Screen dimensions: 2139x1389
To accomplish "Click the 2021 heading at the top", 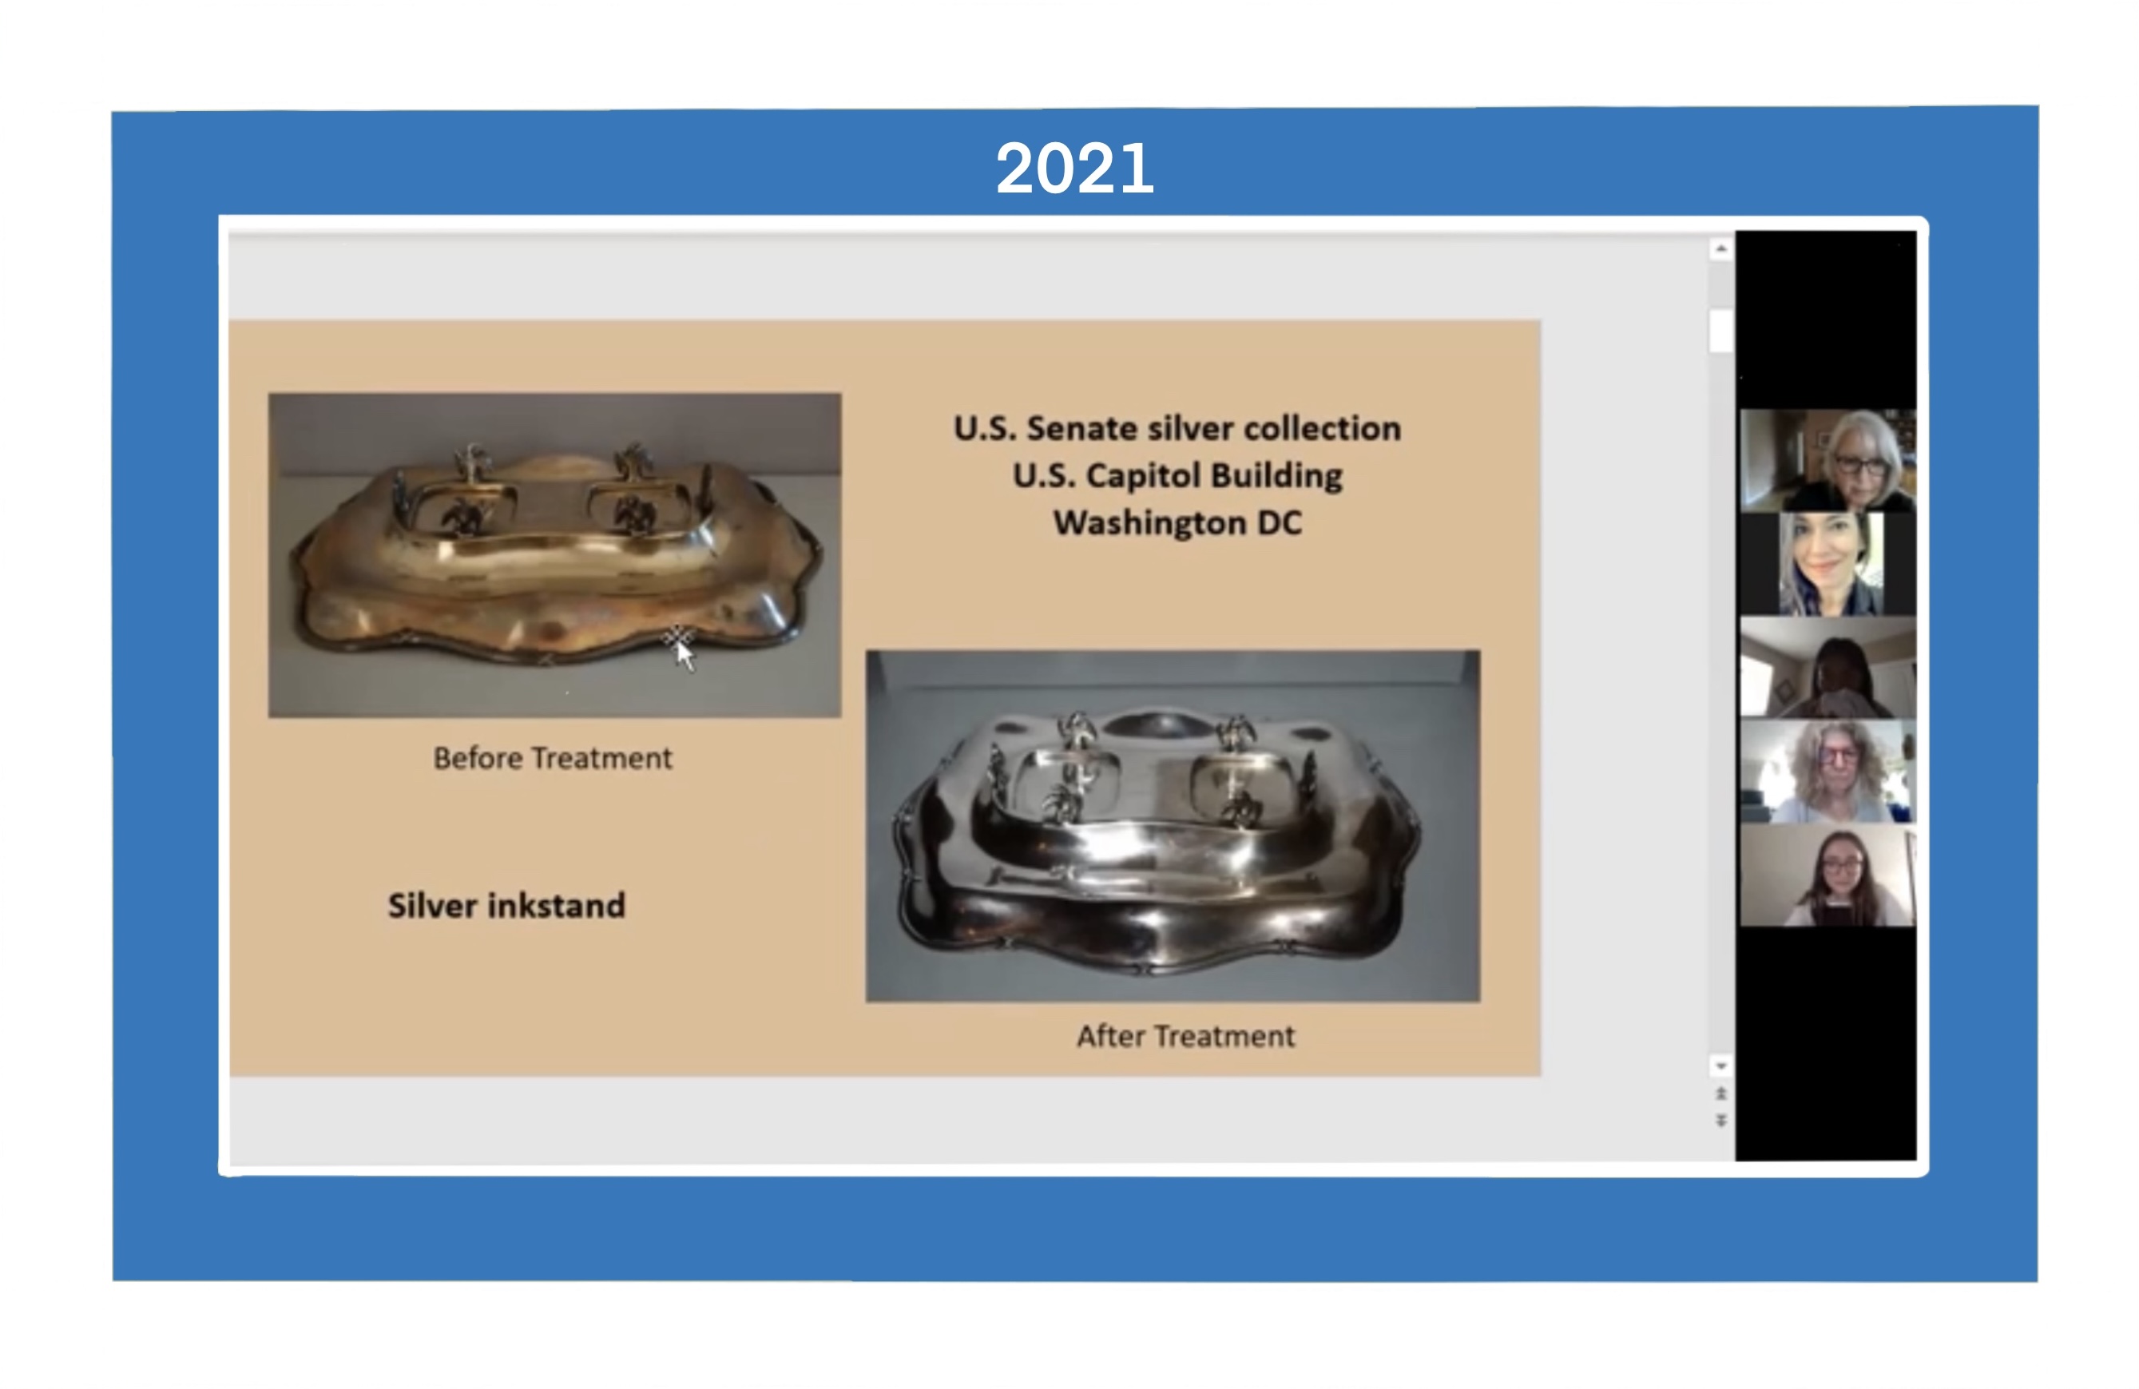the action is [x=1074, y=168].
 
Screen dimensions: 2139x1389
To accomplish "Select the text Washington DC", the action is [x=1177, y=522].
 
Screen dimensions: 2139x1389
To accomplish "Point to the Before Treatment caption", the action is [x=553, y=758].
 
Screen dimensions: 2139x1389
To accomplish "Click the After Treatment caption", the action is [x=1186, y=1036].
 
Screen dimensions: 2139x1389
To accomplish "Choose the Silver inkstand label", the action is [x=506, y=905].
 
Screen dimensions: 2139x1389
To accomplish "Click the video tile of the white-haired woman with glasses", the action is [x=1827, y=460].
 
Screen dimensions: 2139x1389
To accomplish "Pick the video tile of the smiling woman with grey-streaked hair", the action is [x=1827, y=564].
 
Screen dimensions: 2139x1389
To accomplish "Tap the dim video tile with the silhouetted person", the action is [x=1827, y=667].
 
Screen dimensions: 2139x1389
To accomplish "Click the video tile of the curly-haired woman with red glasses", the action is [x=1827, y=771].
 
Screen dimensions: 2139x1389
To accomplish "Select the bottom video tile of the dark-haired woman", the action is [x=1827, y=875].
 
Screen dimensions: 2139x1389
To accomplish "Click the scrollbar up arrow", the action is [x=1720, y=248].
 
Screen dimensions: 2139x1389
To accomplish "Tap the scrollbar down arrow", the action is [x=1720, y=1066].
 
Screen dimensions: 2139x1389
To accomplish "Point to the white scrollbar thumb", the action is [x=1720, y=330].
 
